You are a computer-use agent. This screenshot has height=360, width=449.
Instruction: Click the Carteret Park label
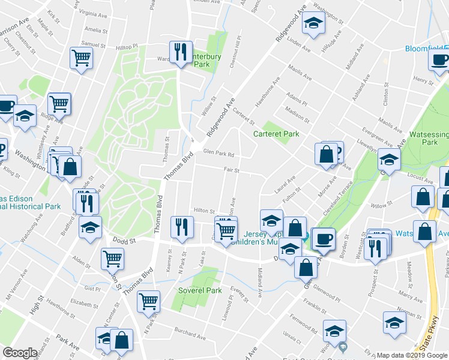[x=276, y=134]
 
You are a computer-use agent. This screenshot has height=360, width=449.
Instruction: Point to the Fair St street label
[x=232, y=170]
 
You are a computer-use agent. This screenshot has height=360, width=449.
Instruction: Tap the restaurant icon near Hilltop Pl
[x=181, y=52]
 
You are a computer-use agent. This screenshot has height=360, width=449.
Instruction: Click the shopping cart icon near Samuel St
[x=81, y=58]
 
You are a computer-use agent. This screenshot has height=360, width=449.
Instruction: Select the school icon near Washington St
[x=312, y=25]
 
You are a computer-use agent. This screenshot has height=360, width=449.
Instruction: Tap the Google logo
[x=20, y=353]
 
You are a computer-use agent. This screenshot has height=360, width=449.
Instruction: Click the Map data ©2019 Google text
[x=412, y=355]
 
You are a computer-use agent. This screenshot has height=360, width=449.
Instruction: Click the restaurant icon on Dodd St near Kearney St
[x=181, y=227]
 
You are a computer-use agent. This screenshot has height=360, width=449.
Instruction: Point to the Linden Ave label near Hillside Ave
[x=301, y=45]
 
